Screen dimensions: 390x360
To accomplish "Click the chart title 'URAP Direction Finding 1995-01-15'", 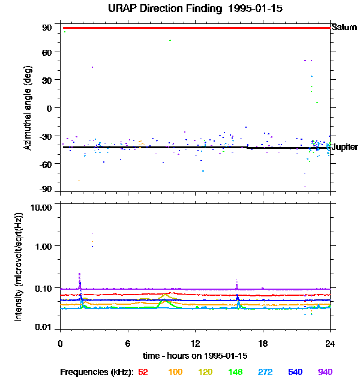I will pyautogui.click(x=196, y=8).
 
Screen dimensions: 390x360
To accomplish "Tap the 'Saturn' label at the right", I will pyautogui.click(x=345, y=27).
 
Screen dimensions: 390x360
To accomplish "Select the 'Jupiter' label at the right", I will pyautogui.click(x=345, y=147).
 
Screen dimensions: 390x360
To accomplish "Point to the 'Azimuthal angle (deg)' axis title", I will pyautogui.click(x=28, y=108).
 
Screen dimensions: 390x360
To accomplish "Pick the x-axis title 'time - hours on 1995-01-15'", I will pyautogui.click(x=196, y=356).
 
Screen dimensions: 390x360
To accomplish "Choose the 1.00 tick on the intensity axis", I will pyautogui.click(x=44, y=246).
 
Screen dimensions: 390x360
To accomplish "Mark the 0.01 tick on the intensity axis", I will pyautogui.click(x=44, y=327).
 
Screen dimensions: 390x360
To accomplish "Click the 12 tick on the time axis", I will pyautogui.click(x=196, y=343).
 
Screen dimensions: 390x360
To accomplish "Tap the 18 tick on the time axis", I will pyautogui.click(x=263, y=343).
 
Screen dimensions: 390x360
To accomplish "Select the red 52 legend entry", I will pyautogui.click(x=143, y=373).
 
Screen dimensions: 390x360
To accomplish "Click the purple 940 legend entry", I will pyautogui.click(x=325, y=373).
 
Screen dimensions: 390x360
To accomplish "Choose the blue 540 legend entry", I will pyautogui.click(x=295, y=373).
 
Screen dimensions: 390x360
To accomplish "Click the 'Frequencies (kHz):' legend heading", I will pyautogui.click(x=96, y=373).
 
